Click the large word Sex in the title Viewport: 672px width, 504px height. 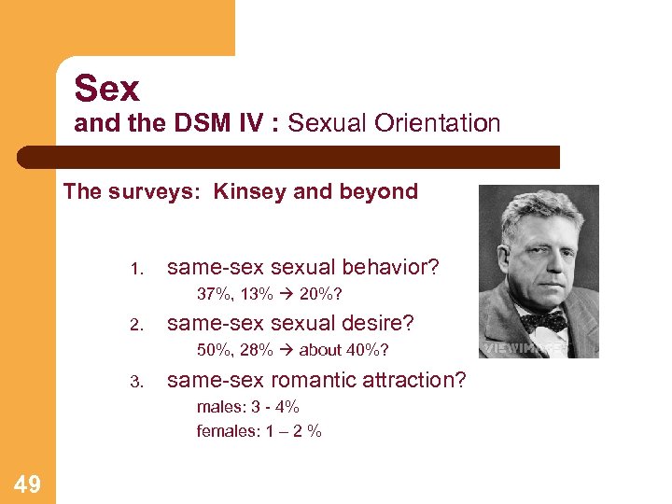pos(107,89)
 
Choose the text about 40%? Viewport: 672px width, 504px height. pos(343,350)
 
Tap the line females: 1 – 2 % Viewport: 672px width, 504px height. pos(259,431)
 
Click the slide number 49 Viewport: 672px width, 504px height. pos(27,483)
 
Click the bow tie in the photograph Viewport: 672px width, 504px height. pos(543,320)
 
